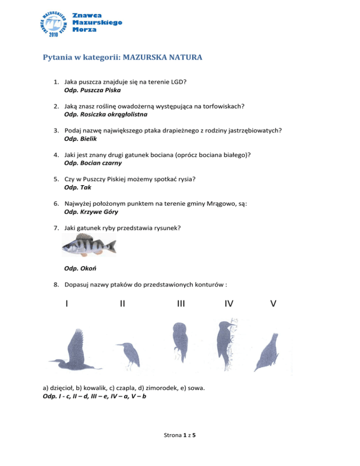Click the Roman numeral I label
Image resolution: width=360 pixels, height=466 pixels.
pyautogui.click(x=68, y=304)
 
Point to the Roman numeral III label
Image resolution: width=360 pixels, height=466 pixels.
pyautogui.click(x=180, y=304)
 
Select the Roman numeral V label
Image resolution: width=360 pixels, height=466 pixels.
pyautogui.click(x=273, y=304)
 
